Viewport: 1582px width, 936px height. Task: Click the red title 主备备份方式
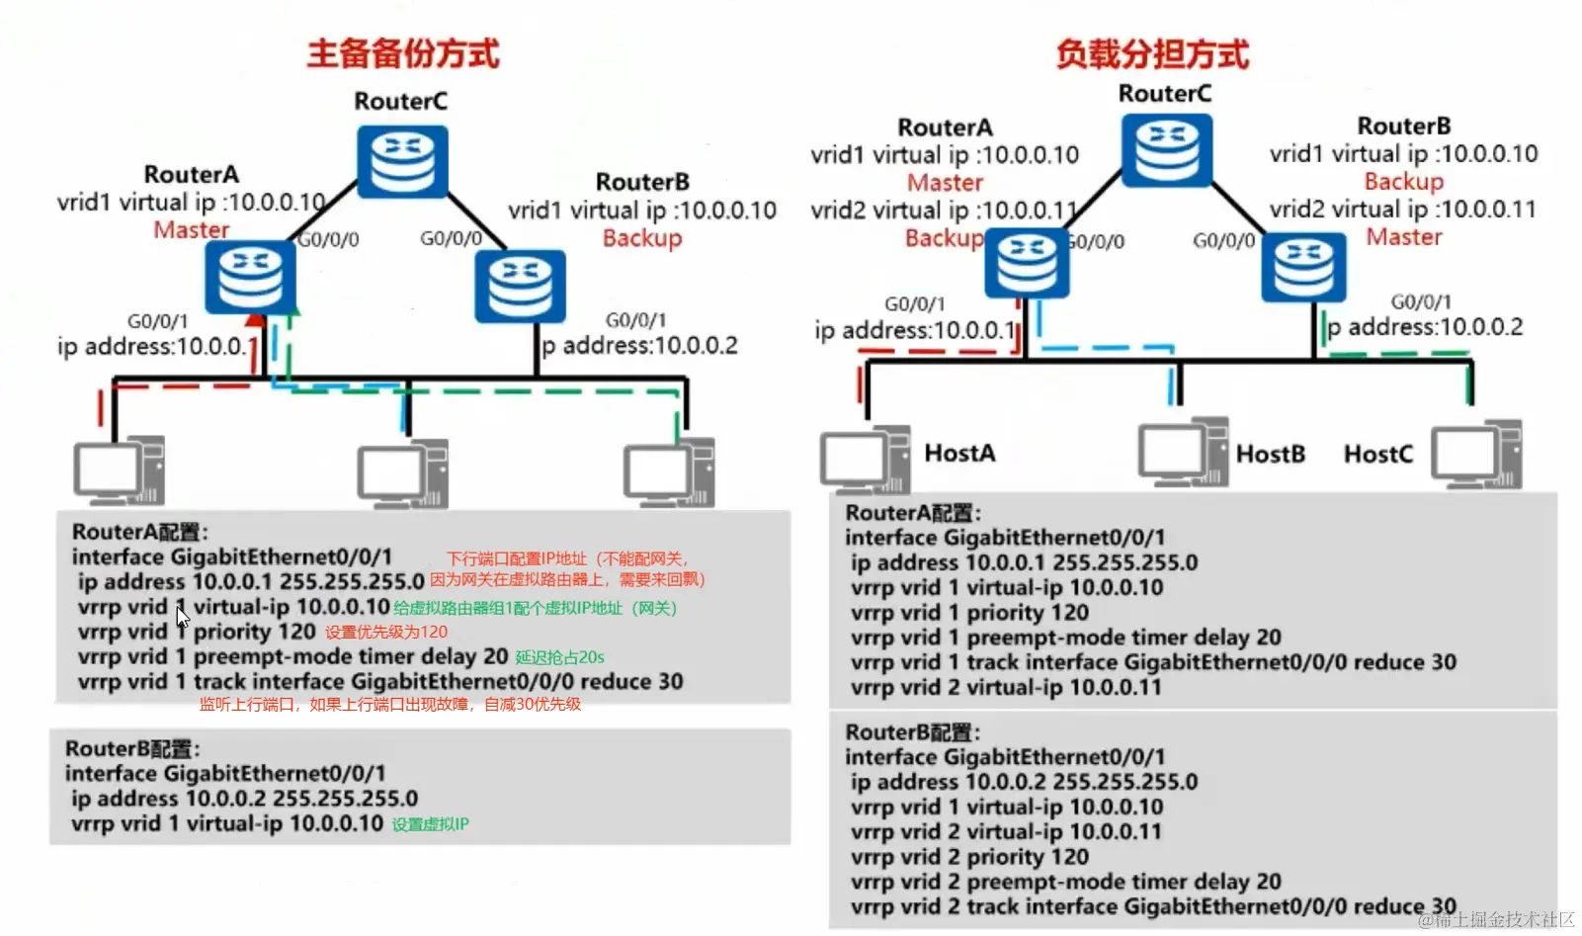(402, 53)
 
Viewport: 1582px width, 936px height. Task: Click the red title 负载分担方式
(1152, 53)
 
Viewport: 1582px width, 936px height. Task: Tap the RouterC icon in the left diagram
(402, 161)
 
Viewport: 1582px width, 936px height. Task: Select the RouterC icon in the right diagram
(1167, 150)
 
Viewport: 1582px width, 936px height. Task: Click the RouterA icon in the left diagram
(250, 278)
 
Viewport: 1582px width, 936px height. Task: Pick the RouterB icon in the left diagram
(520, 286)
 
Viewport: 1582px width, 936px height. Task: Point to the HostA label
(959, 453)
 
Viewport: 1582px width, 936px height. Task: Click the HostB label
(1270, 454)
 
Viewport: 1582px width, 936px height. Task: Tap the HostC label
(1377, 454)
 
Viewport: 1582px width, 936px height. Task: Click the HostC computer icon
(1476, 455)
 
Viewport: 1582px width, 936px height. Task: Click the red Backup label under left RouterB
(642, 238)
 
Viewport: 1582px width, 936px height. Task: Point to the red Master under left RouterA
(191, 229)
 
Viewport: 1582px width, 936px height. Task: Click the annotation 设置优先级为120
(386, 633)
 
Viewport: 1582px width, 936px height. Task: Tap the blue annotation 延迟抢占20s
(559, 657)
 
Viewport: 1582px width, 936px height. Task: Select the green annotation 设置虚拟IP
(430, 824)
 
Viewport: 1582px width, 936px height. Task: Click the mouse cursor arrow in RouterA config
(183, 618)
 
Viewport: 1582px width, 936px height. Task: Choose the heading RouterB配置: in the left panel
(132, 748)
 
